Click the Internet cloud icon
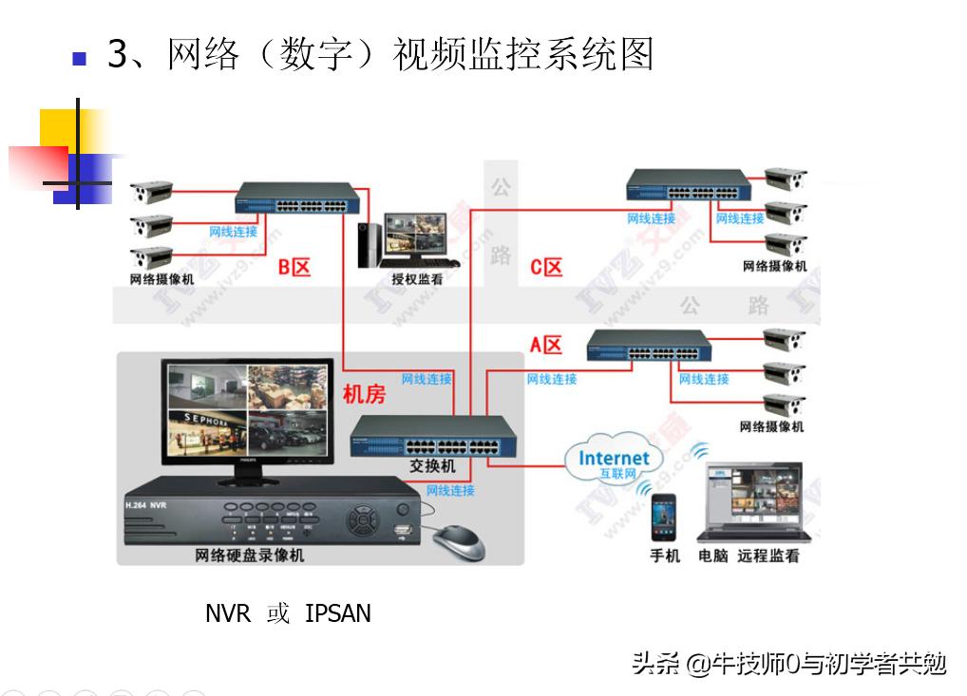point(614,461)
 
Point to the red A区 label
point(546,345)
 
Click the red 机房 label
point(364,394)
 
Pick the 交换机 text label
point(432,466)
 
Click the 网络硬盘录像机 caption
point(250,555)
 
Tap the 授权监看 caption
point(417,279)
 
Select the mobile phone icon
point(663,517)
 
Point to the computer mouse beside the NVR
point(459,543)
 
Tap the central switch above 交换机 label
point(432,437)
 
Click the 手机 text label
point(665,555)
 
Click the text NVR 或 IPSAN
point(288,613)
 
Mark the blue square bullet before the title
point(79,58)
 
